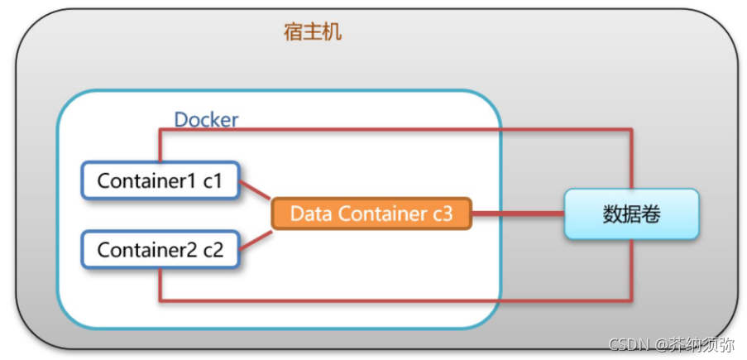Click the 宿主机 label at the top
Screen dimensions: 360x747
tap(313, 32)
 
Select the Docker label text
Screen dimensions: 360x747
tap(206, 120)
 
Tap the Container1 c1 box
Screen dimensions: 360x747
tap(160, 180)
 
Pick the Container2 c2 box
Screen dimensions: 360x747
tap(160, 249)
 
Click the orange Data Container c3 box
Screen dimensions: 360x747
tap(371, 214)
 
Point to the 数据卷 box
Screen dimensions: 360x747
tap(631, 214)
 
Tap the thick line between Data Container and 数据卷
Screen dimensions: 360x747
tap(518, 214)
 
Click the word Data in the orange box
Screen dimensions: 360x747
tap(309, 214)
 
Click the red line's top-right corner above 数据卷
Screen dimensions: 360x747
tap(632, 130)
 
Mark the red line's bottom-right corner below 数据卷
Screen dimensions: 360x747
tap(632, 299)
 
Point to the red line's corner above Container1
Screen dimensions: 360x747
tap(160, 130)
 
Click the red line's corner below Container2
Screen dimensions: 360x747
tap(160, 299)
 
